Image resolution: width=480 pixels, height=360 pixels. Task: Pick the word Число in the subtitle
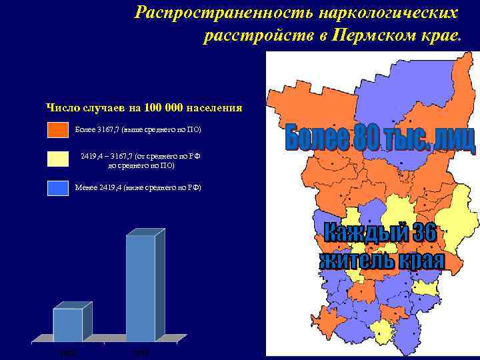tap(60, 108)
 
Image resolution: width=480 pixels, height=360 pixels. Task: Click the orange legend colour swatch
tap(58, 129)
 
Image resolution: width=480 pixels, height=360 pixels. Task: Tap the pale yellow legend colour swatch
tap(58, 159)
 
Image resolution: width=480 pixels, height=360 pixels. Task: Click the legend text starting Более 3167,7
tap(137, 129)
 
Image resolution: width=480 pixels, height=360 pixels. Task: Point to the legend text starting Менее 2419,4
tap(137, 187)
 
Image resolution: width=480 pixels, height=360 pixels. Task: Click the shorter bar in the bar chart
tap(69, 325)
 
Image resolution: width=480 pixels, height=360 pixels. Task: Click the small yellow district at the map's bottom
tap(383, 329)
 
